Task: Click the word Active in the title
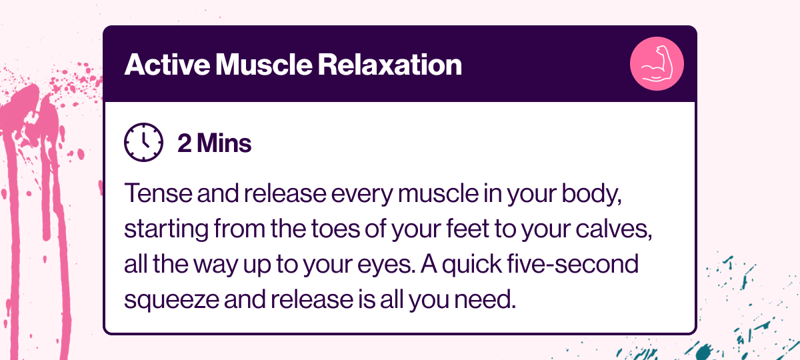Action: pyautogui.click(x=167, y=65)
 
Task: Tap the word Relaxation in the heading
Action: pyautogui.click(x=390, y=65)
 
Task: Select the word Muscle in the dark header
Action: pyautogui.click(x=264, y=65)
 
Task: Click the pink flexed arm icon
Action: pyautogui.click(x=657, y=64)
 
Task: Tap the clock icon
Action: pyautogui.click(x=143, y=142)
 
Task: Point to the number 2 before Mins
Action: pyautogui.click(x=185, y=143)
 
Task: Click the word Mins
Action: pyautogui.click(x=224, y=143)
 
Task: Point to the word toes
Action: pyautogui.click(x=336, y=229)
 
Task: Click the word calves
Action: pyautogui.click(x=614, y=229)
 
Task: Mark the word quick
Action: pyautogui.click(x=471, y=266)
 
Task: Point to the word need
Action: pyautogui.click(x=485, y=299)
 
